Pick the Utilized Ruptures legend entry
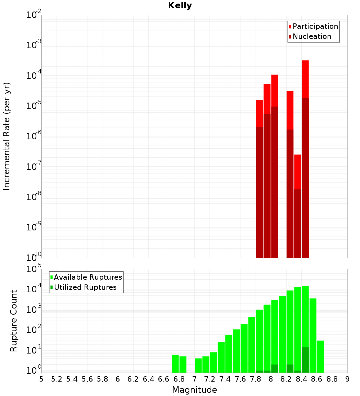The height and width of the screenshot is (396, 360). (x=85, y=287)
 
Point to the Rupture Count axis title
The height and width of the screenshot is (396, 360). (x=14, y=320)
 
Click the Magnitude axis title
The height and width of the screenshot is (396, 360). (x=194, y=390)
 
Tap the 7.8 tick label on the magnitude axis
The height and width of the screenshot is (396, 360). (x=255, y=379)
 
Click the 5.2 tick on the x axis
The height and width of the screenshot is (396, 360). (x=57, y=379)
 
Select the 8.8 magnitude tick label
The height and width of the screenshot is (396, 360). (x=332, y=379)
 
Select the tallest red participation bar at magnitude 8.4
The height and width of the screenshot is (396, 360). (x=305, y=79)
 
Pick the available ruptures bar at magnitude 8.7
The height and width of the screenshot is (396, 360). (x=320, y=356)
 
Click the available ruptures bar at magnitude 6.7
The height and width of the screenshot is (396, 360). (x=175, y=364)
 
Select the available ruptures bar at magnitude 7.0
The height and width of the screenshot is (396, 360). (x=198, y=365)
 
